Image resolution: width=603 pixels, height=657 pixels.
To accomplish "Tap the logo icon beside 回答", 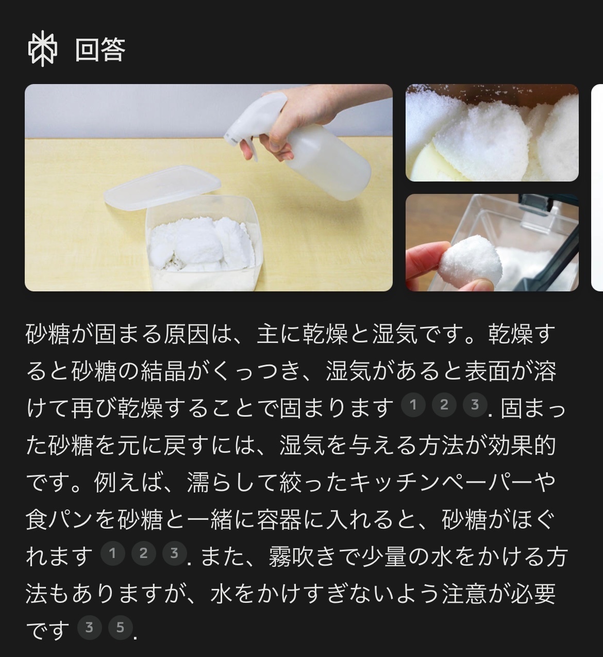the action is [x=43, y=48].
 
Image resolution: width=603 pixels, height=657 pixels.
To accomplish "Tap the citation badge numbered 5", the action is [x=120, y=628].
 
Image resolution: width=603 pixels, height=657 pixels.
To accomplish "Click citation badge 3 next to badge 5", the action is [x=89, y=628].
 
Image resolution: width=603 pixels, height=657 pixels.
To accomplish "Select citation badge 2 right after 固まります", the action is [x=444, y=405].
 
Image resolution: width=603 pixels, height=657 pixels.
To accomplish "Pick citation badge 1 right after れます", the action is [x=113, y=553].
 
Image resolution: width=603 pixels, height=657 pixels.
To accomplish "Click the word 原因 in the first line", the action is [x=186, y=334].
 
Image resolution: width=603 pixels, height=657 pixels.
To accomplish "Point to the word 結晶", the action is [x=163, y=371].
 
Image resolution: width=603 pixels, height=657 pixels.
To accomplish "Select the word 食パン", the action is [x=60, y=520].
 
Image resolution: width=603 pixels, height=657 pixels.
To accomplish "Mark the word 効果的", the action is [x=522, y=446].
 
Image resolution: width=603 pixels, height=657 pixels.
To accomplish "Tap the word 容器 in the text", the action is [x=279, y=520].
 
